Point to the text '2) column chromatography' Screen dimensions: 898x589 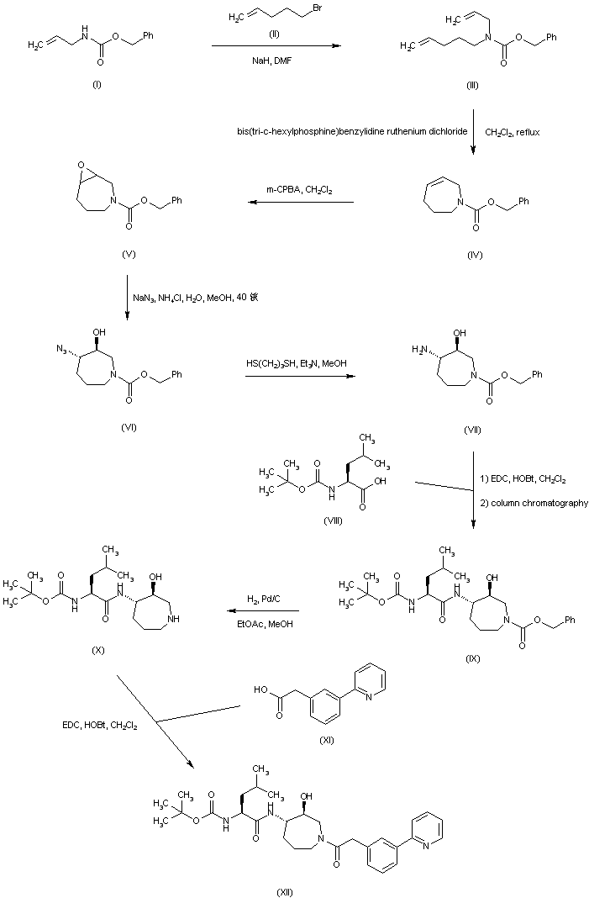tap(534, 503)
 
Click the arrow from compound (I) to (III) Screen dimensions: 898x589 tap(276, 46)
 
